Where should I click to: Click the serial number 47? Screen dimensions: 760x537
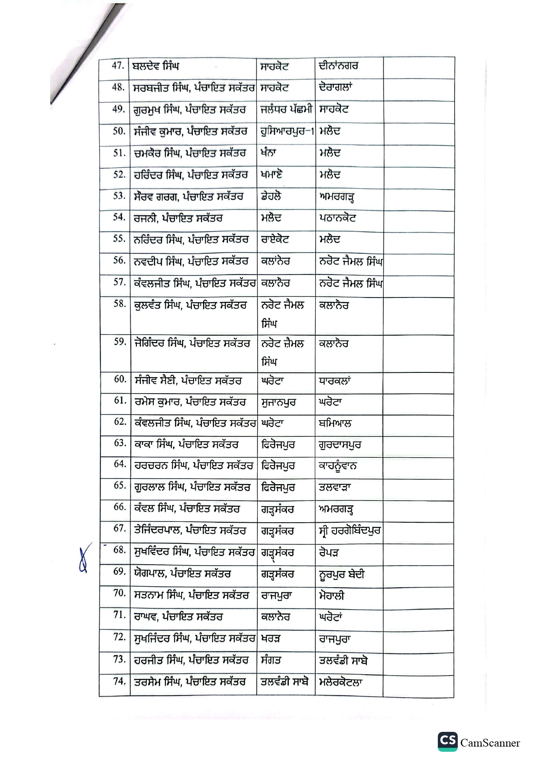118,66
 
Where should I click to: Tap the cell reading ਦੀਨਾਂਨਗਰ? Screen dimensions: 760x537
339,66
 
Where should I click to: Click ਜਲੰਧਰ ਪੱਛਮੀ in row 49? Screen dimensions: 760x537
286,110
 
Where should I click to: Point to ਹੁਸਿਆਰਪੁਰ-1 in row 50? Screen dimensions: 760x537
287,131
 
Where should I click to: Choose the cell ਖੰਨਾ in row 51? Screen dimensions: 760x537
269,153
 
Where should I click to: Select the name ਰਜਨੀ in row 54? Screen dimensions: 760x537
145,218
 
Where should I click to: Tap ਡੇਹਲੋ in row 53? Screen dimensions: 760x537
271,196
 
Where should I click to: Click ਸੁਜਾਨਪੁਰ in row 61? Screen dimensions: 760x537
278,402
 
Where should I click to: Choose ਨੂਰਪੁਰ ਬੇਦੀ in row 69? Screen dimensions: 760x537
341,574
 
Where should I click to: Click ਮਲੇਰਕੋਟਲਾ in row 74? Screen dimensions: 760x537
340,682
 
